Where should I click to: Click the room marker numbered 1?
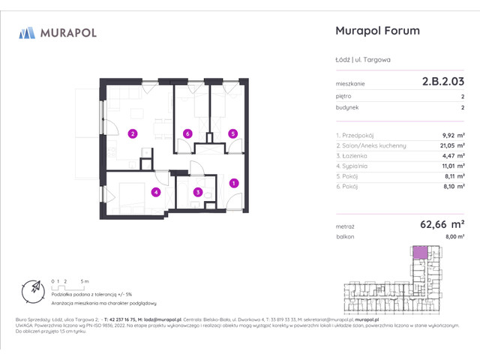pos(233,182)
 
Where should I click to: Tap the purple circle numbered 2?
pos(132,134)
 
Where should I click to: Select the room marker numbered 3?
pos(197,192)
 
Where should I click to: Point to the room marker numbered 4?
pos(156,192)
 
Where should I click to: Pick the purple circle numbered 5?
pos(233,134)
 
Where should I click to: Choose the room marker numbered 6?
pos(187,134)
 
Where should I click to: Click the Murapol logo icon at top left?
pos(28,32)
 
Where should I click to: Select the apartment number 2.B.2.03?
pos(443,83)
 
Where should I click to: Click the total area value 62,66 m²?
pos(442,223)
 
